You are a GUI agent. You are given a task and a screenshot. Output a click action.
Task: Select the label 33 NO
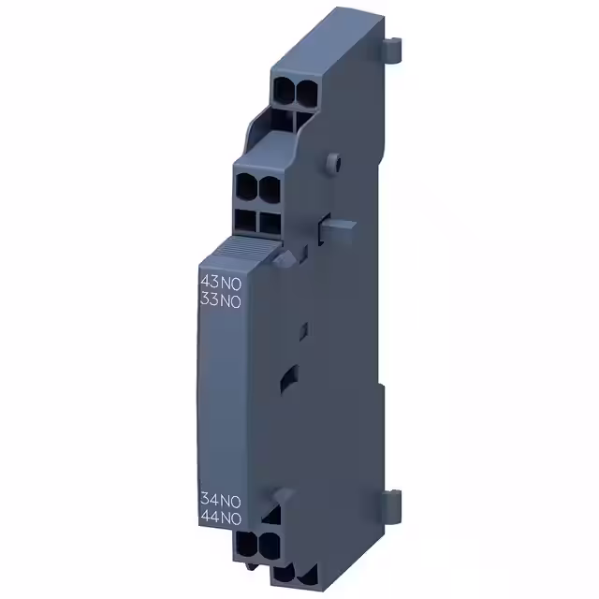222,299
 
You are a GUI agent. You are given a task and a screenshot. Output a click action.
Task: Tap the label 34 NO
222,499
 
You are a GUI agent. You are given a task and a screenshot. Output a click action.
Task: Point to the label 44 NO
222,516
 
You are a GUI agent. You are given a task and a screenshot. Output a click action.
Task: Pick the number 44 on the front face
211,516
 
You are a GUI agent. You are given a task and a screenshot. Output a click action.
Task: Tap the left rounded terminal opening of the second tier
247,185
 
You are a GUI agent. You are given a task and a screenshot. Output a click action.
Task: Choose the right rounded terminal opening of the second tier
268,185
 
